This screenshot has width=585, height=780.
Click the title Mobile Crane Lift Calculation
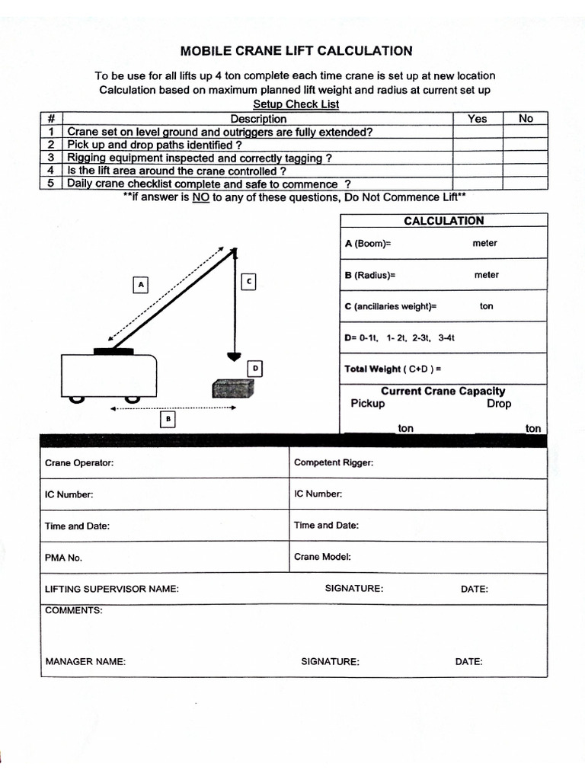[296, 51]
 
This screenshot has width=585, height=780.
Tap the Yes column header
[478, 119]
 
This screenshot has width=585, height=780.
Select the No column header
[526, 119]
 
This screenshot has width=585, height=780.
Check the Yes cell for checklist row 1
[478, 132]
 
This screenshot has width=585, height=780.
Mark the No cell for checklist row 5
[526, 184]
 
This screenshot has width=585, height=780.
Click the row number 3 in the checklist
[51, 158]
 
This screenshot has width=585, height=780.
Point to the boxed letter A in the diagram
[139, 285]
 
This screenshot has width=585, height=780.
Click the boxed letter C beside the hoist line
[248, 282]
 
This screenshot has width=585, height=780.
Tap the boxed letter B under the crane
[168, 418]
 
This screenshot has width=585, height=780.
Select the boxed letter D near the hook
[256, 369]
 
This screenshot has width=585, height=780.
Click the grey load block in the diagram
[232, 388]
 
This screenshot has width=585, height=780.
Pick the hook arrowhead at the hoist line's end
[234, 356]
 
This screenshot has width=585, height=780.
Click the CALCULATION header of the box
[443, 221]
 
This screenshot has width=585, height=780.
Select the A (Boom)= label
[367, 244]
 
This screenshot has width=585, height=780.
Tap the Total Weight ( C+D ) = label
[392, 369]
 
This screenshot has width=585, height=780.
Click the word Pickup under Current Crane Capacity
[368, 404]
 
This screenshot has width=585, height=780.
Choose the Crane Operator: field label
[79, 463]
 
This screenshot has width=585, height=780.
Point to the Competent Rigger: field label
[334, 463]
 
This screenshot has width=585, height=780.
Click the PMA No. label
[63, 558]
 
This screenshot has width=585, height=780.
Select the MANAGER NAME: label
[85, 662]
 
